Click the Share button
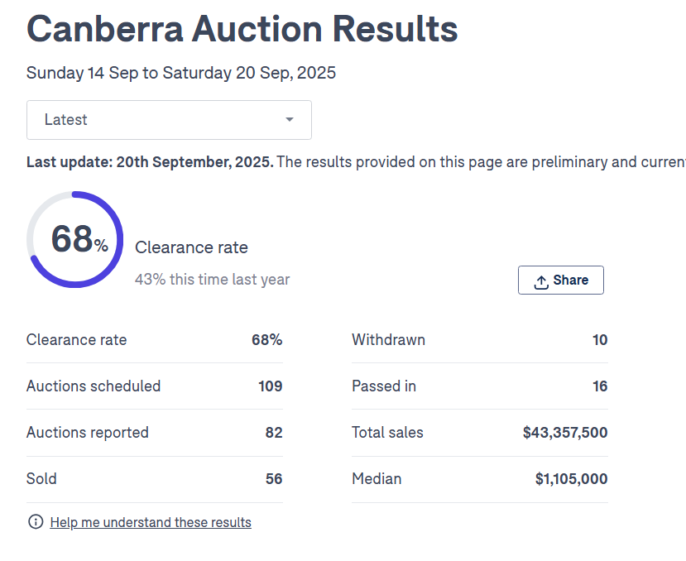(560, 280)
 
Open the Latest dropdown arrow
(290, 120)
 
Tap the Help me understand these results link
(151, 522)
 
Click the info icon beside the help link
(36, 522)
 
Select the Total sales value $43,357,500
(565, 432)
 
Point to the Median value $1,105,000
(571, 478)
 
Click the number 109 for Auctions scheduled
(271, 386)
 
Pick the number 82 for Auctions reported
(274, 432)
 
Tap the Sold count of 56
(274, 478)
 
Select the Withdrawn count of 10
(600, 339)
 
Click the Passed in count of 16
(600, 386)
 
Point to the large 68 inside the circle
(72, 239)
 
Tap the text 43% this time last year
(213, 280)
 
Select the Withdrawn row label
(388, 339)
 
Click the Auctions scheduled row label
(94, 386)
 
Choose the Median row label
(377, 478)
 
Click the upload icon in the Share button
(541, 281)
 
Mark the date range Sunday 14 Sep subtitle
(181, 73)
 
